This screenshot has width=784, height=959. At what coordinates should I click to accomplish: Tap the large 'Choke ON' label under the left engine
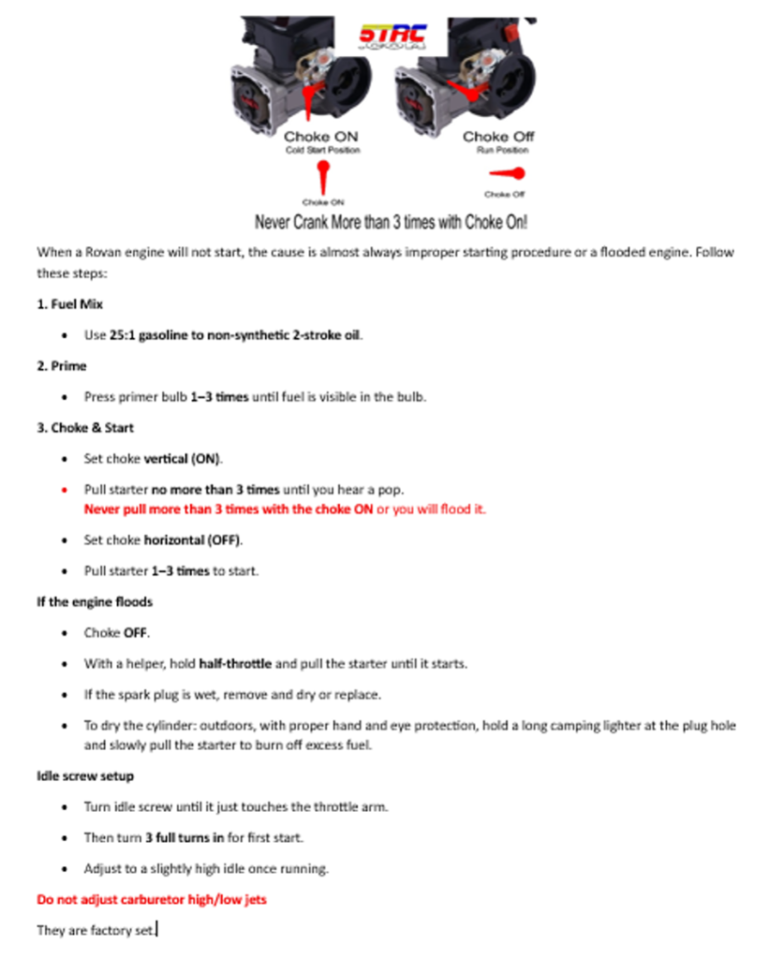point(320,137)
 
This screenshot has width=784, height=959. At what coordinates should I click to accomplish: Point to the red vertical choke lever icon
point(322,177)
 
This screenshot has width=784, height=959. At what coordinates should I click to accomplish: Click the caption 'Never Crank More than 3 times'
point(391,223)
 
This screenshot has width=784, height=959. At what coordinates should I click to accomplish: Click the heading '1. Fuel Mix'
point(69,303)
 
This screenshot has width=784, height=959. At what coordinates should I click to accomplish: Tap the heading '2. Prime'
point(62,365)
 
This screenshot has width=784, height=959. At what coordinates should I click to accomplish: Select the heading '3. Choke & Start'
point(85,428)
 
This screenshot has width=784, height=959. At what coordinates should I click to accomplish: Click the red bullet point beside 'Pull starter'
point(63,490)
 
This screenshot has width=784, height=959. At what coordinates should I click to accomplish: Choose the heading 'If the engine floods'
point(95,601)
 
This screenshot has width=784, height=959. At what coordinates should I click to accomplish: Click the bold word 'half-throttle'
point(235,664)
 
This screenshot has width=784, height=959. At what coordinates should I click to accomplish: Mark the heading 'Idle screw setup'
point(85,775)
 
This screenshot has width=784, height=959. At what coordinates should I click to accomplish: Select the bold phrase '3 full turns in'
point(184,837)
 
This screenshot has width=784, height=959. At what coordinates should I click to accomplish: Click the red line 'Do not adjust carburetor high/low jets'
point(151,900)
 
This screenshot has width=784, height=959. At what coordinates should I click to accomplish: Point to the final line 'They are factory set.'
point(96,931)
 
